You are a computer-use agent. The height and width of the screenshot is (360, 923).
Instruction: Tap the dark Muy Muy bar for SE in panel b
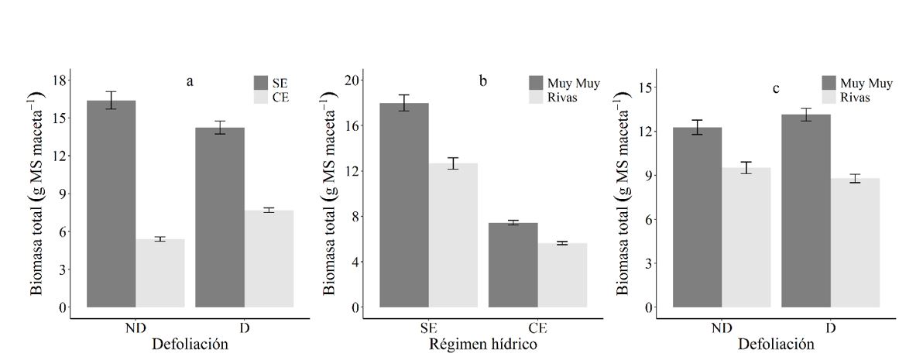404,205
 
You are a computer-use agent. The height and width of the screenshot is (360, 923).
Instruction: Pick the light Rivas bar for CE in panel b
562,275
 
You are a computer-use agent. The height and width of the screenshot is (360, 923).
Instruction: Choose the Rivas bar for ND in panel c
746,237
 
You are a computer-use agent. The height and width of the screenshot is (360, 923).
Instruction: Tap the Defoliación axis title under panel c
776,343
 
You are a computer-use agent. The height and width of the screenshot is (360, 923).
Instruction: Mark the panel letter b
483,81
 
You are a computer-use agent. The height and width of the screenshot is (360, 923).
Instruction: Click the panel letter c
775,89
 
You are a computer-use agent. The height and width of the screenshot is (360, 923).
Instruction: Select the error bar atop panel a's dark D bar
220,128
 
